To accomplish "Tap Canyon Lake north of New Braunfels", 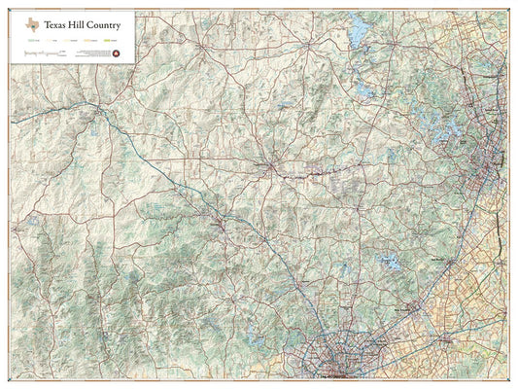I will point(390,263).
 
